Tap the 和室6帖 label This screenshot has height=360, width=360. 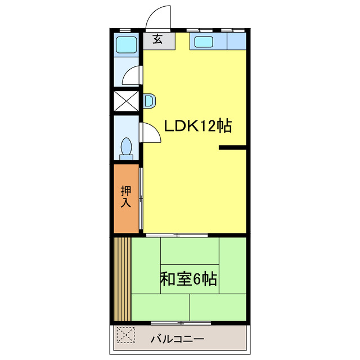pos(189,279)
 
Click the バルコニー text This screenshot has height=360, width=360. pos(177,340)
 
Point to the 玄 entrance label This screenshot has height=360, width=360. pos(158,40)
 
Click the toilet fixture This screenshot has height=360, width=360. pos(127,147)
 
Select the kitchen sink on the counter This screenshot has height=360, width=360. pos(202,42)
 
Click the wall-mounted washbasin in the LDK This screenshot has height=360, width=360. pos(149,101)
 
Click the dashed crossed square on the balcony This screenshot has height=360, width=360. pos(125,336)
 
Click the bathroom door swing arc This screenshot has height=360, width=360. pos(132,75)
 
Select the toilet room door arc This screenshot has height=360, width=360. pos(150,132)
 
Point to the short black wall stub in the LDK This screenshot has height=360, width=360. pos(232,148)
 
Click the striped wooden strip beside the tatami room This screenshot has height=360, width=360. pos(123,278)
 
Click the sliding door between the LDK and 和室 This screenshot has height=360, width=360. pos(177,233)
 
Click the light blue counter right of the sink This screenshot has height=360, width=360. pos(237,41)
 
